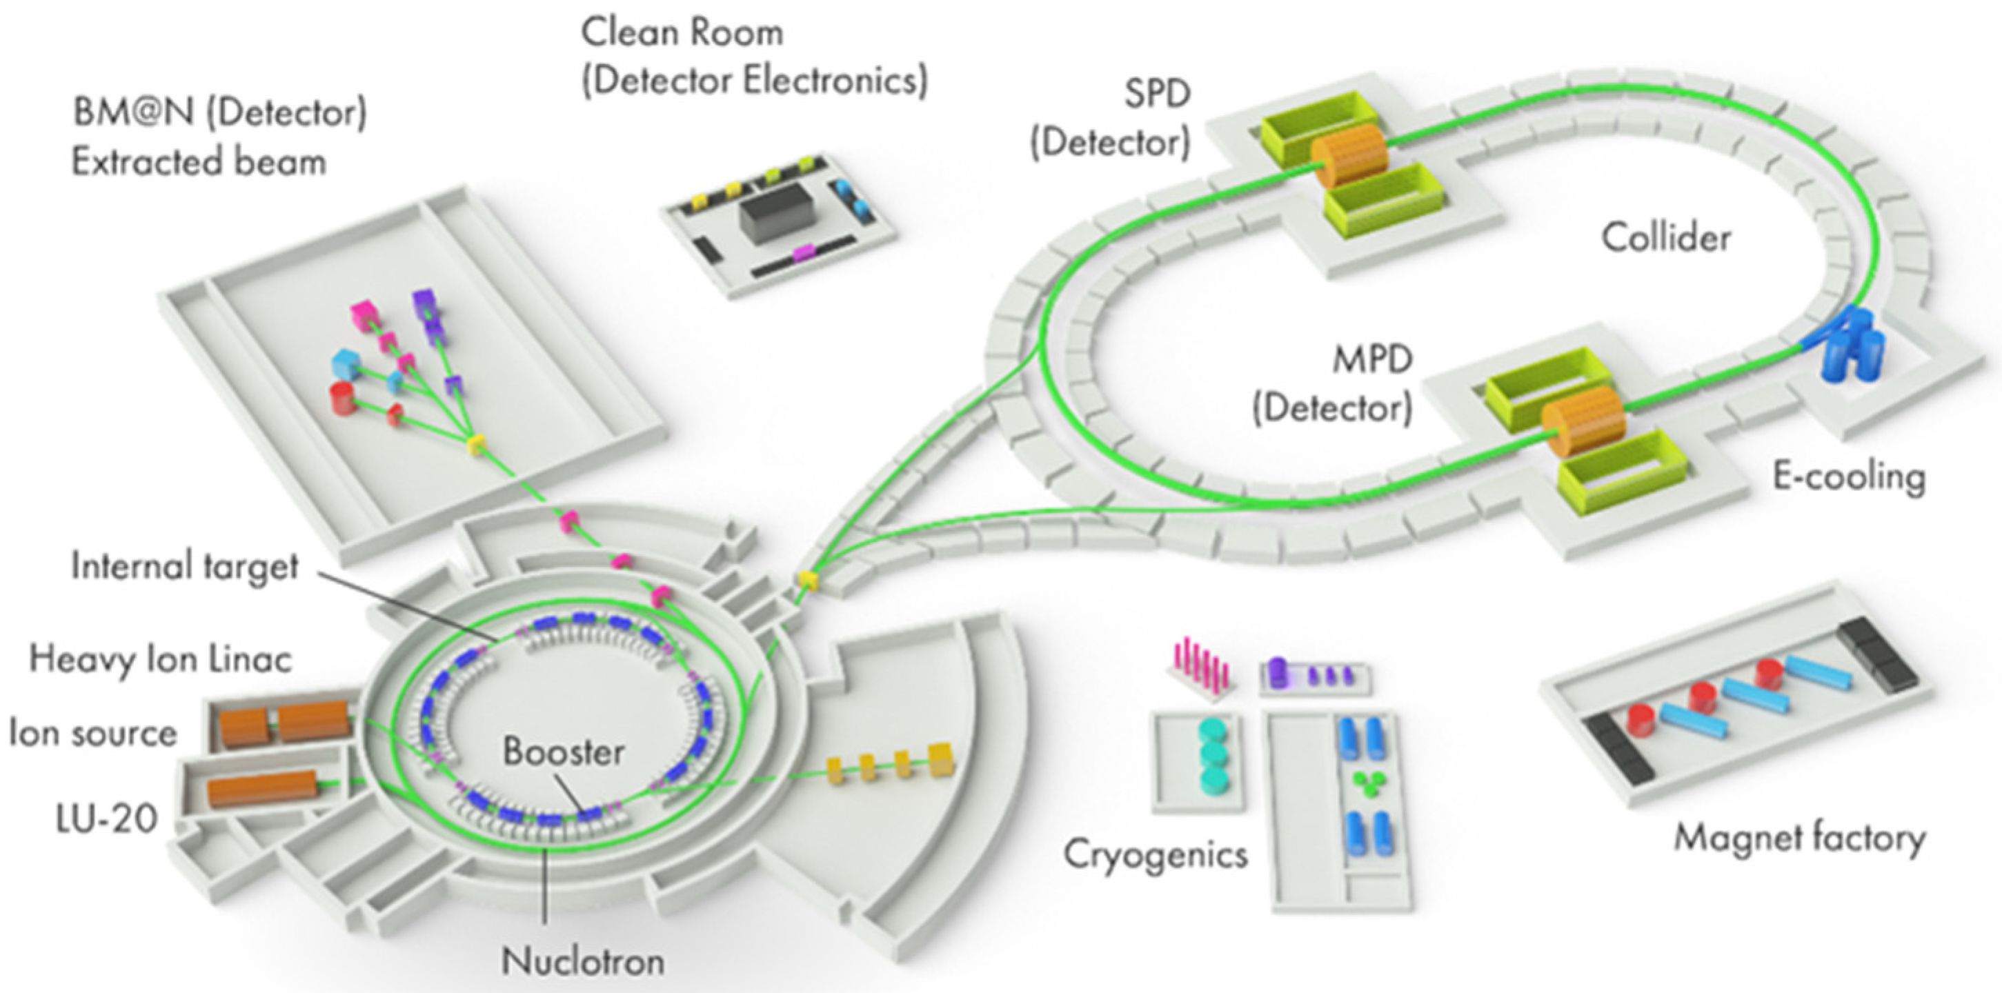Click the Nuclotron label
(x=583, y=962)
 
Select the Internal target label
(x=184, y=565)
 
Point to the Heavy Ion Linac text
(x=160, y=659)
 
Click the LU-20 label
(x=106, y=818)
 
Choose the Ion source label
(x=92, y=733)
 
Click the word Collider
(x=1665, y=238)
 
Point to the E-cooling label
(x=1848, y=477)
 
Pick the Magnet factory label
(x=1799, y=838)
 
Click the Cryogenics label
(x=1155, y=854)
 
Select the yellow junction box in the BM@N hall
(x=475, y=445)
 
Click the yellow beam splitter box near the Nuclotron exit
(x=809, y=579)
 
